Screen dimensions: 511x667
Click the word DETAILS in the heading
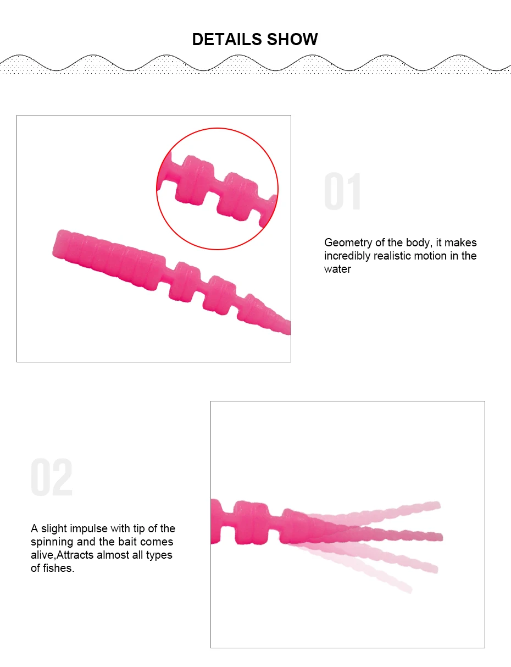pyautogui.click(x=227, y=39)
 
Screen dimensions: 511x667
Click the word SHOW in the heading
pyautogui.click(x=292, y=39)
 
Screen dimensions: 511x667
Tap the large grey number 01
pyautogui.click(x=342, y=191)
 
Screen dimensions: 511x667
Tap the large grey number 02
pyautogui.click(x=52, y=477)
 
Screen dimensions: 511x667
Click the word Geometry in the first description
pyautogui.click(x=348, y=243)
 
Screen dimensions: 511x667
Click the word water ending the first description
pyautogui.click(x=337, y=269)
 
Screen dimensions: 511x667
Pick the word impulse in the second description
pyautogui.click(x=89, y=529)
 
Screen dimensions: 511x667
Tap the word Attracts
pyautogui.click(x=75, y=555)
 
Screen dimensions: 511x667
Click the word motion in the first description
pyautogui.click(x=430, y=256)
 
